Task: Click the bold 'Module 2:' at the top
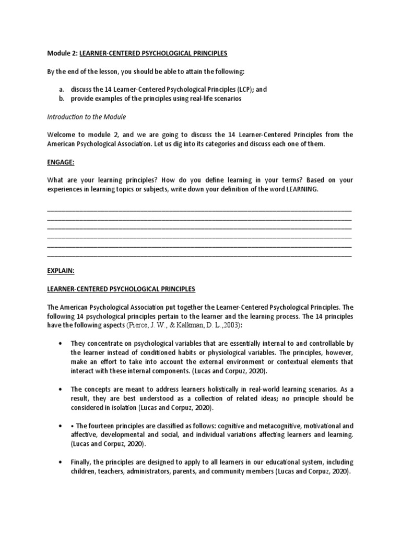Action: click(62, 54)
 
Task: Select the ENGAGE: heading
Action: click(61, 162)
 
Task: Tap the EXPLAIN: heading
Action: click(61, 271)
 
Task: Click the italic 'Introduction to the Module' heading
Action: click(86, 117)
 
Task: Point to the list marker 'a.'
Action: click(62, 90)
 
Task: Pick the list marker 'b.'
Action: click(62, 99)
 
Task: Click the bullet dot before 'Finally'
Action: click(62, 462)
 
